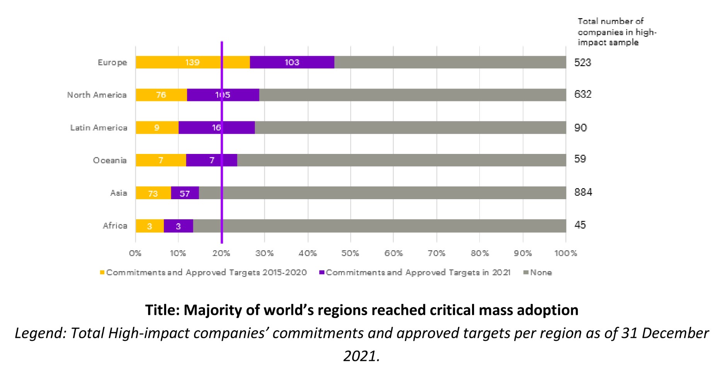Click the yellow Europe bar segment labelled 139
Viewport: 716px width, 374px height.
[x=193, y=62]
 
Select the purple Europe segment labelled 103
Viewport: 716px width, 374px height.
[x=292, y=62]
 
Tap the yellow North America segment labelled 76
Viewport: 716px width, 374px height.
[x=161, y=95]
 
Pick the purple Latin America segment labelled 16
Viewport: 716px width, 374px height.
[x=217, y=128]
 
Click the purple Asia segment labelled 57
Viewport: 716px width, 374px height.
[x=185, y=193]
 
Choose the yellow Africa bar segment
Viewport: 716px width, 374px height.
[x=150, y=226]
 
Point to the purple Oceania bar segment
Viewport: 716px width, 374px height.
[x=211, y=160]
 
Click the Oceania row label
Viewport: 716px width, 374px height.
[x=110, y=160]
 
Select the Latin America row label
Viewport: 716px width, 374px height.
[x=99, y=128]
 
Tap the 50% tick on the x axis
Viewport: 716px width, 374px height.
[x=350, y=253]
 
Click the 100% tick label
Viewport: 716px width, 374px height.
[x=566, y=253]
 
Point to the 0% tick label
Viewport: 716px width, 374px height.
[x=135, y=253]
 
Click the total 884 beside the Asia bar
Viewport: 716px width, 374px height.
[x=583, y=192]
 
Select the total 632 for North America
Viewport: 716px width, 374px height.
[x=583, y=94]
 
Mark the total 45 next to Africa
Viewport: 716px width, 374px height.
[x=580, y=225]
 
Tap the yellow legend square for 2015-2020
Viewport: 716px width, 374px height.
[x=102, y=273]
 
